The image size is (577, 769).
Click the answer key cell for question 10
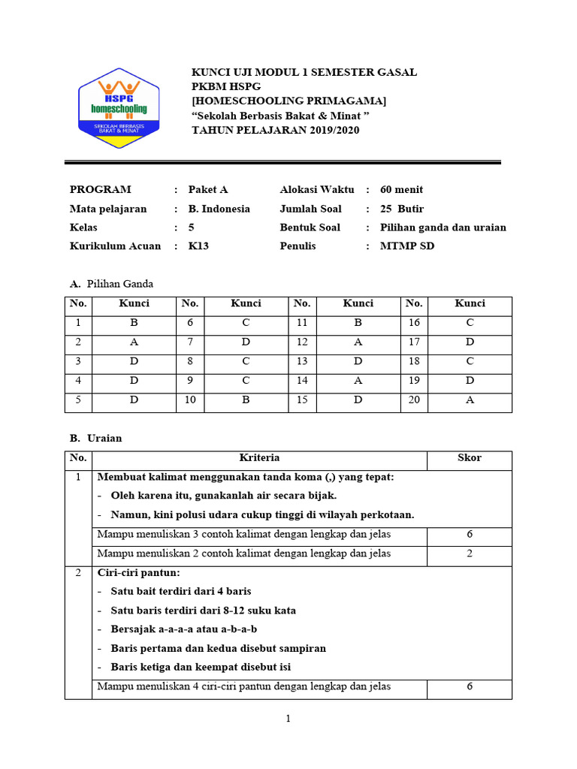(x=245, y=400)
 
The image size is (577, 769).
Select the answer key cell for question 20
(x=470, y=400)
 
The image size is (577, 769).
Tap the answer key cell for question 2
(x=134, y=342)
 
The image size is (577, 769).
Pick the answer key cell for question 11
(x=358, y=322)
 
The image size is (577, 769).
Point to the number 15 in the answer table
(x=302, y=400)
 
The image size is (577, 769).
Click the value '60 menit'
(x=401, y=189)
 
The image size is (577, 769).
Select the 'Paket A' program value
(x=207, y=189)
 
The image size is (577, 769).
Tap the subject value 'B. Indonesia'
(x=219, y=209)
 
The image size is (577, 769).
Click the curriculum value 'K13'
(x=198, y=246)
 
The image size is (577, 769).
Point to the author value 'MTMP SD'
(x=406, y=246)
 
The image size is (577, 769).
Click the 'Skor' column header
(x=469, y=457)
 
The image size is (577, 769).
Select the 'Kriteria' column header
(x=259, y=457)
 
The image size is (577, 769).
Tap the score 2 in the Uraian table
(x=469, y=553)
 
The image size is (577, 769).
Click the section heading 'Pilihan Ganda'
(x=119, y=284)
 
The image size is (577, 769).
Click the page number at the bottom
(x=288, y=719)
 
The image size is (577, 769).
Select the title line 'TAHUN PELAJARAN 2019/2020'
(x=276, y=130)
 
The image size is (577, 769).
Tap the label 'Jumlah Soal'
(x=310, y=209)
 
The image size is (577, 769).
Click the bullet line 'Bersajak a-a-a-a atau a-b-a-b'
(x=183, y=629)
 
